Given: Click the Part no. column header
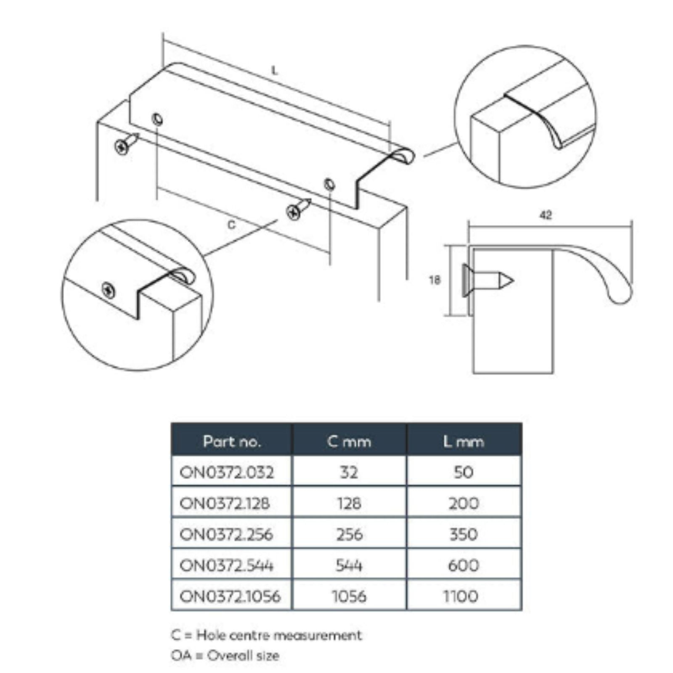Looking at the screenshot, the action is [232, 441].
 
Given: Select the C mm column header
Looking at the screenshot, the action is [349, 441].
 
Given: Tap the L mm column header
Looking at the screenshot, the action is [464, 441].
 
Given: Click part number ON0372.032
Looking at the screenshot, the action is [227, 472].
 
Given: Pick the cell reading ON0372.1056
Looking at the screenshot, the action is [230, 596].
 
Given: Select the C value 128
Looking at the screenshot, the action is [349, 503].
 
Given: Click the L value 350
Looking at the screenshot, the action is [464, 534].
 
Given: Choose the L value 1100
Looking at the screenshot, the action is [461, 596].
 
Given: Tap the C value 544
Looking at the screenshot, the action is [349, 565].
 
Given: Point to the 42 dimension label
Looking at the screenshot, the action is [546, 215].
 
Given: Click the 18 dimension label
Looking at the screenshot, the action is [435, 280].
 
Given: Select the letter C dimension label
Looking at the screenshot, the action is [231, 225].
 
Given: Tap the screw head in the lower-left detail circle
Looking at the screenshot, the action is [109, 290].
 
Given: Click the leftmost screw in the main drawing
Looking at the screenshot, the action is [126, 143].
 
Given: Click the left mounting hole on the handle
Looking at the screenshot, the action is [158, 119].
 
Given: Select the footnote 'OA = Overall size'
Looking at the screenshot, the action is [225, 655].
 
